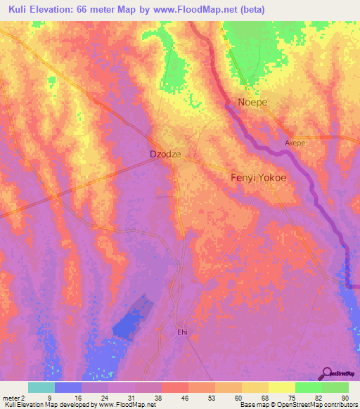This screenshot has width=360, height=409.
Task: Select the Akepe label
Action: (x=295, y=143)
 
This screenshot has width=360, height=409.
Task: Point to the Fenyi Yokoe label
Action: (x=259, y=178)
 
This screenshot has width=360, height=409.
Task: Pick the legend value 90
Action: (x=345, y=398)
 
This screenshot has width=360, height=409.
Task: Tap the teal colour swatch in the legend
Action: (x=41, y=387)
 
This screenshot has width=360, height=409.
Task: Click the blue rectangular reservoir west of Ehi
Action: (x=134, y=316)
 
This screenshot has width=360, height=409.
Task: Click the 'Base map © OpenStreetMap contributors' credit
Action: (x=298, y=405)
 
